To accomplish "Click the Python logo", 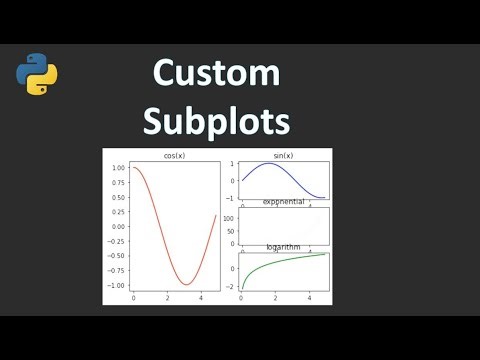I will (38, 77).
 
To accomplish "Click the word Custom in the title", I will (216, 75).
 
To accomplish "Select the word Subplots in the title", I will (216, 121).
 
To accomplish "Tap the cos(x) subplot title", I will (174, 156).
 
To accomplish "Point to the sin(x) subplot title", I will (283, 156).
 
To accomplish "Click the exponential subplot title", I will (283, 202).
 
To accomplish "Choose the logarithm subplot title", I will (283, 246).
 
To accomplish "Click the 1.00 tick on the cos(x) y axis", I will (119, 168).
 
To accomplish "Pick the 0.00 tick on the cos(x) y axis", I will (119, 226).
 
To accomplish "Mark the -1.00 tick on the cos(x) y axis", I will (117, 285).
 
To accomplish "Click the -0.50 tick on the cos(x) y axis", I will (117, 256).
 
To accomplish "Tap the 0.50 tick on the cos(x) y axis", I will (119, 197).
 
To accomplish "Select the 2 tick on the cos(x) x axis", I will (167, 299).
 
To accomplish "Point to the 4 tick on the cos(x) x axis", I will (201, 299).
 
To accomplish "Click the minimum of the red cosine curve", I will (186, 285).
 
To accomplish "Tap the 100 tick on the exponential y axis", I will (229, 217).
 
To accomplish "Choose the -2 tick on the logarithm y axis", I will (230, 286).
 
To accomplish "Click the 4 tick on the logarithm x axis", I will (309, 299).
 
